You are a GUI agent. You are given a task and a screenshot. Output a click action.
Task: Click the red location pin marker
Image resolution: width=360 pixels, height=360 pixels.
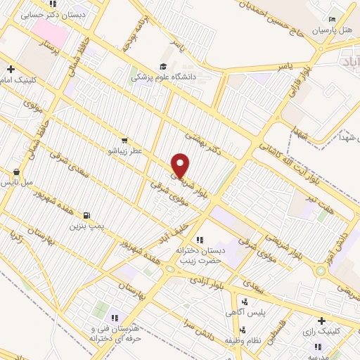click(x=181, y=165)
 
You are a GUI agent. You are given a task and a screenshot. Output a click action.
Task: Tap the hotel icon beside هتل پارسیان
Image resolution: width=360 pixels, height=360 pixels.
click(x=333, y=19)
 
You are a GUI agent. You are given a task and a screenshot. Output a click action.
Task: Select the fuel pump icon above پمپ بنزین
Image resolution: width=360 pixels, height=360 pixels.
click(x=86, y=215)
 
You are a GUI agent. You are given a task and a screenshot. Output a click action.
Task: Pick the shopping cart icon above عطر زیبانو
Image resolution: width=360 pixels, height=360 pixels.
click(x=124, y=140)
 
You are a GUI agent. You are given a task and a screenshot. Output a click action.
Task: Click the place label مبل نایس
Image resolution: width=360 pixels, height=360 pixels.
click(x=17, y=182)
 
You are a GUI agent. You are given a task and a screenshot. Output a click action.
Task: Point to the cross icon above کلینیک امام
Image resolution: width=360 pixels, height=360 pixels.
click(x=11, y=69)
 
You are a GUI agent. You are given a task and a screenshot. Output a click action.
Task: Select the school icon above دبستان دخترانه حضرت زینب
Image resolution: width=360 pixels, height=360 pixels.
click(x=199, y=240)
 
